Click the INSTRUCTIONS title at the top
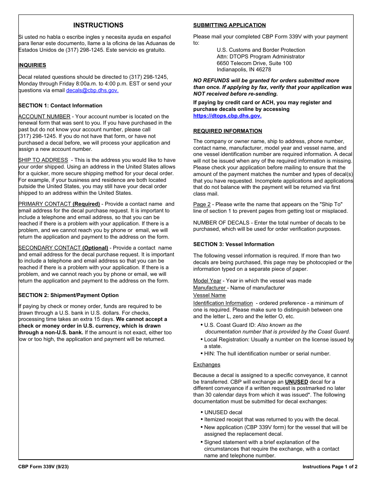pyautogui.click(x=98, y=25)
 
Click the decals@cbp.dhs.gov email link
pyautogui.click(x=92, y=91)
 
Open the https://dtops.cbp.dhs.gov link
pyautogui.click(x=227, y=116)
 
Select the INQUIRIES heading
pyautogui.click(x=32, y=65)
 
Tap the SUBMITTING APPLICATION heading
pyautogui.click(x=229, y=25)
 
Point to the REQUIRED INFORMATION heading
pyautogui.click(x=228, y=131)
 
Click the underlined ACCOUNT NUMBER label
pyautogui.click(x=44, y=116)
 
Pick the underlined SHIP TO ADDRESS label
pyautogui.click(x=43, y=160)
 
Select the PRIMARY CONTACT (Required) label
pyautogui.click(x=59, y=204)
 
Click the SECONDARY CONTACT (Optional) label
pyautogui.click(x=63, y=248)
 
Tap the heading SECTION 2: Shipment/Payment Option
pyautogui.click(x=69, y=295)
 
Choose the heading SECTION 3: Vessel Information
pyautogui.click(x=234, y=245)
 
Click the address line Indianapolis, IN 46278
pyautogui.click(x=244, y=70)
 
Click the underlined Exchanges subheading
pyautogui.click(x=207, y=365)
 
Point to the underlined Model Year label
pyautogui.click(x=207, y=281)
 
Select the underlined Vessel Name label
pyautogui.click(x=209, y=295)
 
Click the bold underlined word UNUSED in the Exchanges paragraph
pyautogui.click(x=296, y=382)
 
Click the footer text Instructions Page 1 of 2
pyautogui.click(x=330, y=467)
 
